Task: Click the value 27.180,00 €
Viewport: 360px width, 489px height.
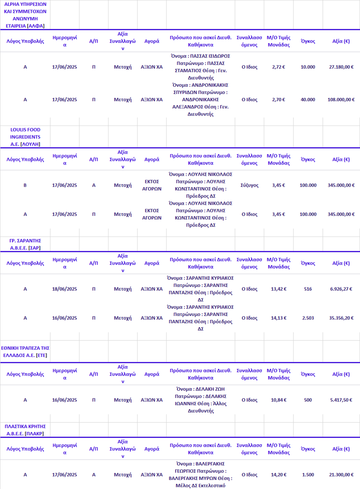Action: click(x=341, y=67)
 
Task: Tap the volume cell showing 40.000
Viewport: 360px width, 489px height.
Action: click(x=308, y=100)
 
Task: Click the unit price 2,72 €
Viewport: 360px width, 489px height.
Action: click(x=278, y=67)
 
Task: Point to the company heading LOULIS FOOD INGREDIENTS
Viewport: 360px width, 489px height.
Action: click(x=25, y=137)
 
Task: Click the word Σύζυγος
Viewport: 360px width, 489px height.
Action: click(x=249, y=185)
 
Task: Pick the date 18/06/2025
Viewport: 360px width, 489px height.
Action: click(x=64, y=289)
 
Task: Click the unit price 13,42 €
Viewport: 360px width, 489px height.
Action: click(x=278, y=289)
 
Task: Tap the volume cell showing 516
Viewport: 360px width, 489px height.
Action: click(x=308, y=289)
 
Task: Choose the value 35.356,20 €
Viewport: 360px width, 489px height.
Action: click(x=341, y=318)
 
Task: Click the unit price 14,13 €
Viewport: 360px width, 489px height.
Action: click(x=278, y=318)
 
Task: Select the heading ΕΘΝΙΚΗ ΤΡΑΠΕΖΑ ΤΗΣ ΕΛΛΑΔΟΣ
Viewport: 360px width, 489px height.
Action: click(x=25, y=351)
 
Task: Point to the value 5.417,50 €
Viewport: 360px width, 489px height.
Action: click(x=341, y=400)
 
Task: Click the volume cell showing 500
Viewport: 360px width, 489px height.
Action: click(x=308, y=400)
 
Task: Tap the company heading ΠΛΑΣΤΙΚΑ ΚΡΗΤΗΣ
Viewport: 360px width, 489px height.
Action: click(x=25, y=430)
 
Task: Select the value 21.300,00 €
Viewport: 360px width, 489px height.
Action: click(x=341, y=475)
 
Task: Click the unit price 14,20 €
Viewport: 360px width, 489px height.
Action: click(x=278, y=475)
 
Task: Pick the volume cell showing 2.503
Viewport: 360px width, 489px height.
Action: click(x=308, y=318)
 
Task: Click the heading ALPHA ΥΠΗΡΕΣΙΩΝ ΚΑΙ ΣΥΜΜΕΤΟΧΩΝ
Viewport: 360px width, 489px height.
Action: click(x=25, y=15)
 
